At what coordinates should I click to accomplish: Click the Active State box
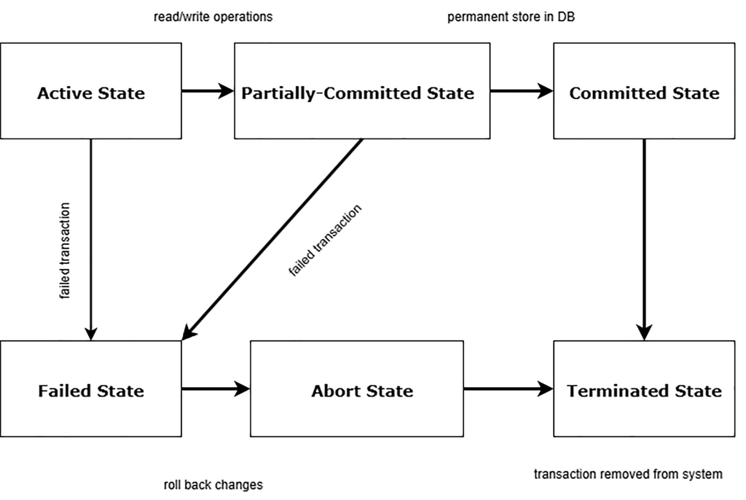[91, 91]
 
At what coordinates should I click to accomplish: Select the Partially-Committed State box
[361, 91]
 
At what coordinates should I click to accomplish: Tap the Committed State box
[644, 91]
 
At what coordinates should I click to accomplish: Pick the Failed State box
[91, 389]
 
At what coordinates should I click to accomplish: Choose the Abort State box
[357, 389]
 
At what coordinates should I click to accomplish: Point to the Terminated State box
[644, 389]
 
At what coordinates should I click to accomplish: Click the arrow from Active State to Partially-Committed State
[208, 91]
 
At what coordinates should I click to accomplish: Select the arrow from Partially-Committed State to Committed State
[521, 91]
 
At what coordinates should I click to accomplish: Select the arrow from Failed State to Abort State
[216, 389]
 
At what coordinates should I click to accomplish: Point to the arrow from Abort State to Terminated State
[508, 389]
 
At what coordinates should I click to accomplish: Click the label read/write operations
[213, 17]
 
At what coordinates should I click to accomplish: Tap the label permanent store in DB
[511, 17]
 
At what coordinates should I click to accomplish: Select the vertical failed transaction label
[65, 251]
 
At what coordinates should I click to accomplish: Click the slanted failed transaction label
[325, 241]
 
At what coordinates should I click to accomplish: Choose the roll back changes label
[213, 485]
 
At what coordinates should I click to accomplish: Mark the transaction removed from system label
[628, 474]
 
